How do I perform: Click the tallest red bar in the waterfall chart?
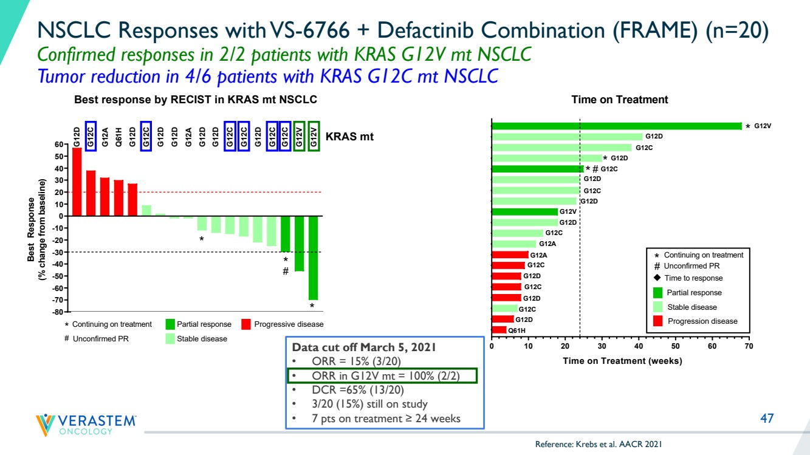coord(77,182)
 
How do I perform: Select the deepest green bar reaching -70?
coord(313,258)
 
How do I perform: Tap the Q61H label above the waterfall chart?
coord(118,137)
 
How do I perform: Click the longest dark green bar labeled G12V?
coord(617,126)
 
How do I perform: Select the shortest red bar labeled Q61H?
coord(499,330)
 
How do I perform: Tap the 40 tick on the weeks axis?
coord(639,346)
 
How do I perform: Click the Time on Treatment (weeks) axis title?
coord(622,361)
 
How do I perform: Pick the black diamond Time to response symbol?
coord(657,278)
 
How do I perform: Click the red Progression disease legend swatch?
coord(657,321)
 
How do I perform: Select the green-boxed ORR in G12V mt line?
coord(382,376)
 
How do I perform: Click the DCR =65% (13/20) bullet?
coord(358,390)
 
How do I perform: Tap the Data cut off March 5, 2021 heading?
coord(364,347)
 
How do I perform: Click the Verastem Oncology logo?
coord(86,425)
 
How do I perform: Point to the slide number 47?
coord(767,419)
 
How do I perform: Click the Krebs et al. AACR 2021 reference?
coord(599,444)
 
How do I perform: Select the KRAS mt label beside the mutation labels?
coord(349,137)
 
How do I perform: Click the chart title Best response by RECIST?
coord(196,100)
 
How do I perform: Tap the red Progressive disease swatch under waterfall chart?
coord(246,324)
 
